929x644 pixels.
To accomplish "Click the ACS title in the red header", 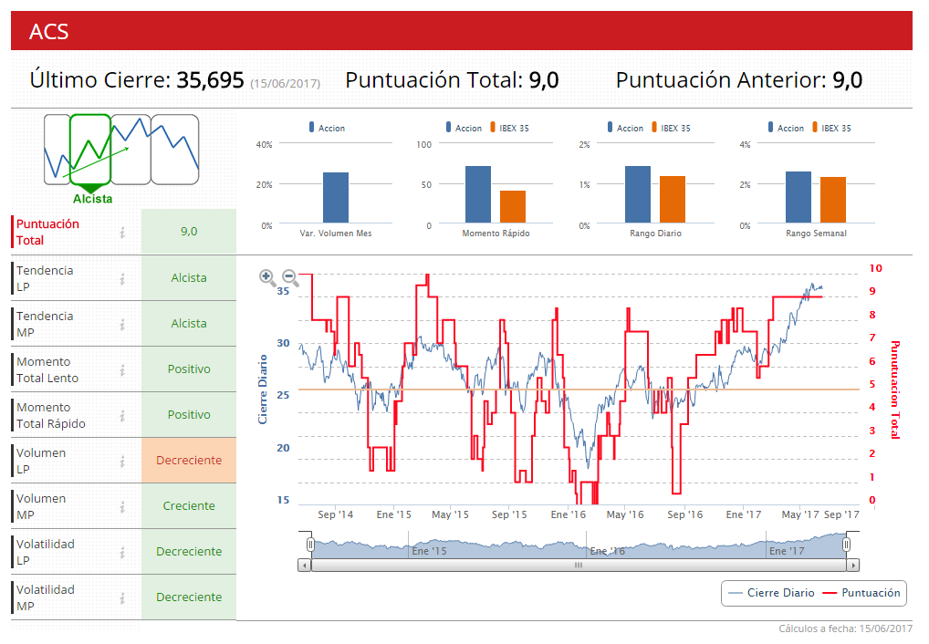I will click(x=49, y=31).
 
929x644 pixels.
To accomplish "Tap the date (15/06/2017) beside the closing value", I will click(x=285, y=83).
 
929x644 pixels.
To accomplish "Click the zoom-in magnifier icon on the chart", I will click(x=267, y=278).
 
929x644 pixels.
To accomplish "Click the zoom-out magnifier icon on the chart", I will click(x=290, y=278).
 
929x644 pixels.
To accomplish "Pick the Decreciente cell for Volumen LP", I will click(x=189, y=461).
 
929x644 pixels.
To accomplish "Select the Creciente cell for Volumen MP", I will click(x=189, y=506).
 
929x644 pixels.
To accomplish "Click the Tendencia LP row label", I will click(x=46, y=278).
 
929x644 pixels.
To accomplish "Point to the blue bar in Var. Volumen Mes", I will click(x=336, y=197).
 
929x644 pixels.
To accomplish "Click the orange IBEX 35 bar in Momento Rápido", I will click(x=513, y=206).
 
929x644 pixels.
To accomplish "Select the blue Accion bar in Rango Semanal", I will click(x=799, y=197).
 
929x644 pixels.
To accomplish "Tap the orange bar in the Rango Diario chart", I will click(x=673, y=199).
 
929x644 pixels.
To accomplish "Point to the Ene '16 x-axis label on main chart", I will click(x=568, y=514).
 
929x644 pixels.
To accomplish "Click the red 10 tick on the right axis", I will click(x=876, y=268).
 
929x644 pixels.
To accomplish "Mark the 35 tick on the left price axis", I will click(x=283, y=291).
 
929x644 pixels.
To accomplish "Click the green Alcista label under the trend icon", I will click(x=93, y=198).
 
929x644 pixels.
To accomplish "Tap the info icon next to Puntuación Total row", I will click(x=122, y=233).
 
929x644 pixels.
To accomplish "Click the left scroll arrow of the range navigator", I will click(x=304, y=565).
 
